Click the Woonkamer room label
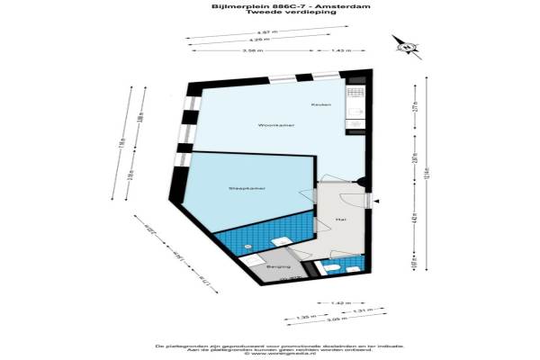click(x=271, y=125)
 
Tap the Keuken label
click(x=321, y=105)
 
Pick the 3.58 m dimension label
click(x=253, y=50)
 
